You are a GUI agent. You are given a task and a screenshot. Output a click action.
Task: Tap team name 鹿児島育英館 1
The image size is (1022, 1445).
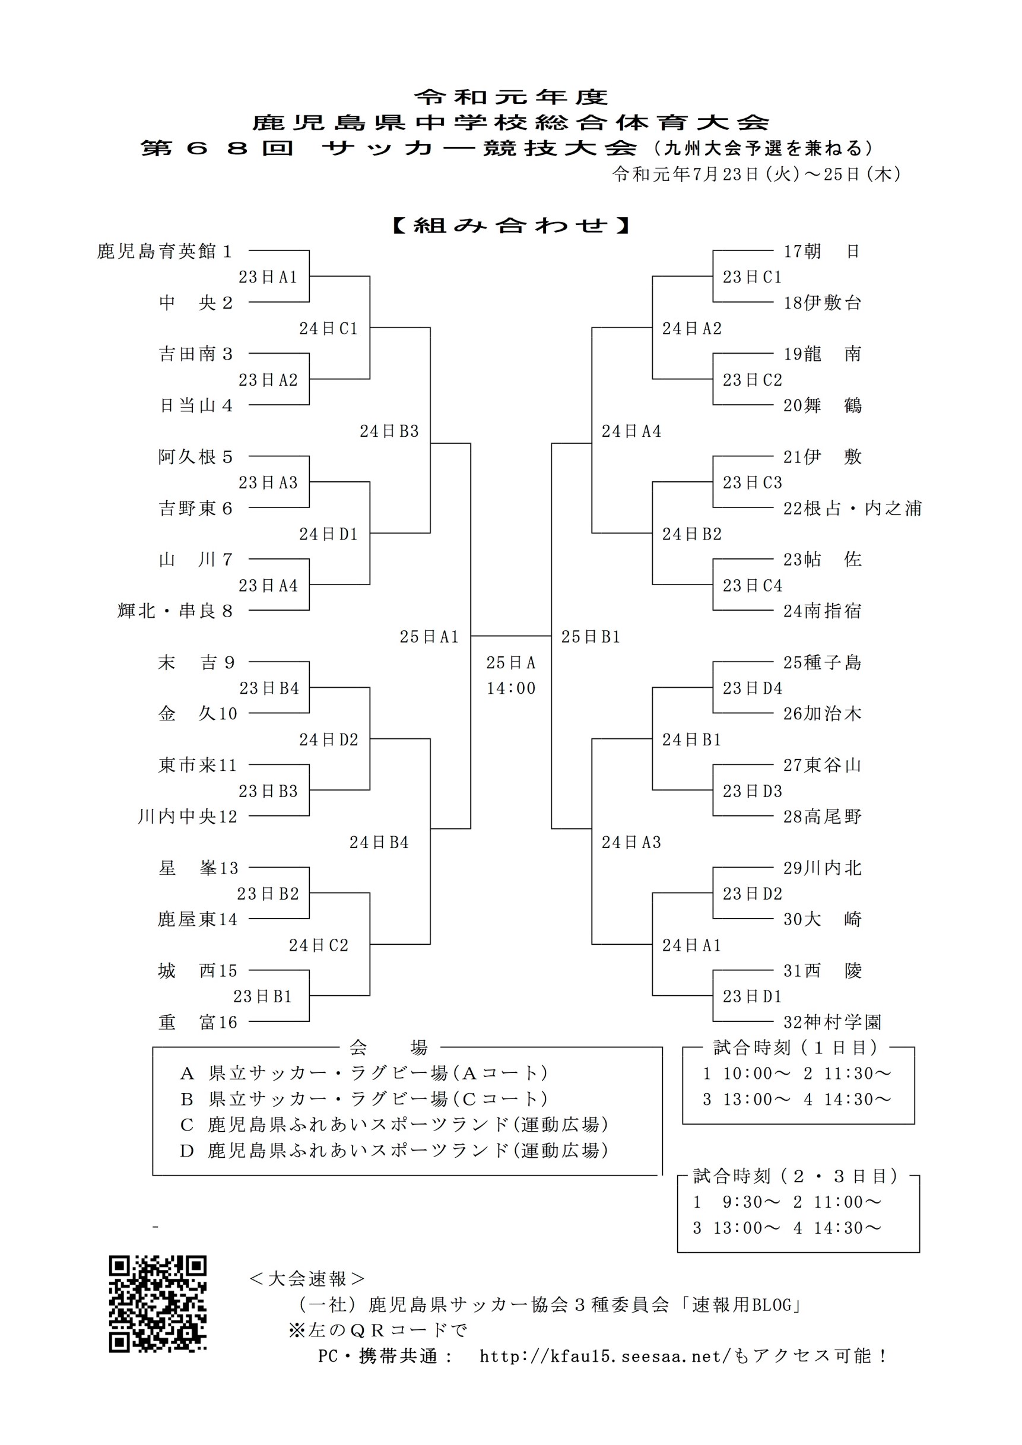(x=165, y=251)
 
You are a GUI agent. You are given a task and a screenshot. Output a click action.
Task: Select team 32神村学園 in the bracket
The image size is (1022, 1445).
(x=832, y=1021)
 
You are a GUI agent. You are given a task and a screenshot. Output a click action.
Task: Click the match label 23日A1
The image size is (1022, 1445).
(x=268, y=277)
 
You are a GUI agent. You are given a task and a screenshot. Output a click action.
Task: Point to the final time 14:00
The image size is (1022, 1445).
(x=510, y=688)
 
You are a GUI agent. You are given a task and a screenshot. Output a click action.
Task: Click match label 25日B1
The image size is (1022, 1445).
(x=591, y=637)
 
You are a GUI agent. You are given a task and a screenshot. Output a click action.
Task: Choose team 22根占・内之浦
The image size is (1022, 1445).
(x=852, y=508)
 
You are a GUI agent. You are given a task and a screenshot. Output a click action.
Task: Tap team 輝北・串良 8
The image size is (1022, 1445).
(x=175, y=611)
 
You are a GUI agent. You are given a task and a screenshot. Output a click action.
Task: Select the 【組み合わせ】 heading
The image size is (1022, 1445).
(x=510, y=226)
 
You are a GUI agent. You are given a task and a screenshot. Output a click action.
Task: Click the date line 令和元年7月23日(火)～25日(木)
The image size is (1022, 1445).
(x=757, y=174)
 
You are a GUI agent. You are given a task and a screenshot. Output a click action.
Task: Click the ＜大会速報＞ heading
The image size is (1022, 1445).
(x=306, y=1278)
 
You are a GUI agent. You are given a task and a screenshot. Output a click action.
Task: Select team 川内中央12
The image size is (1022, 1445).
(x=188, y=817)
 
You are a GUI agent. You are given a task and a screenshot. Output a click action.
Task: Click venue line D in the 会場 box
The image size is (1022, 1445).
(x=394, y=1151)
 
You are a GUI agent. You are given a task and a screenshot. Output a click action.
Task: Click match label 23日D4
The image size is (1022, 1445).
(x=752, y=688)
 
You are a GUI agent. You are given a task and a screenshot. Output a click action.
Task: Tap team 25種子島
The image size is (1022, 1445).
(x=822, y=662)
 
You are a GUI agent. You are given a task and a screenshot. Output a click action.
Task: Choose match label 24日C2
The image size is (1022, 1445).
(x=319, y=945)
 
